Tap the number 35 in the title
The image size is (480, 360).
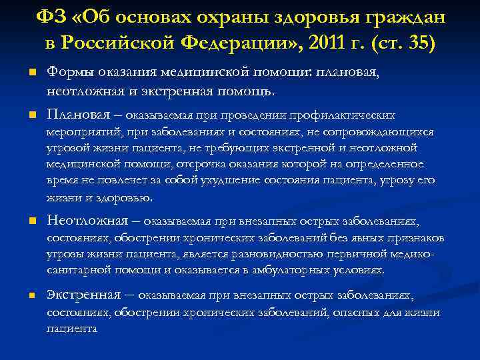coord(417,43)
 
